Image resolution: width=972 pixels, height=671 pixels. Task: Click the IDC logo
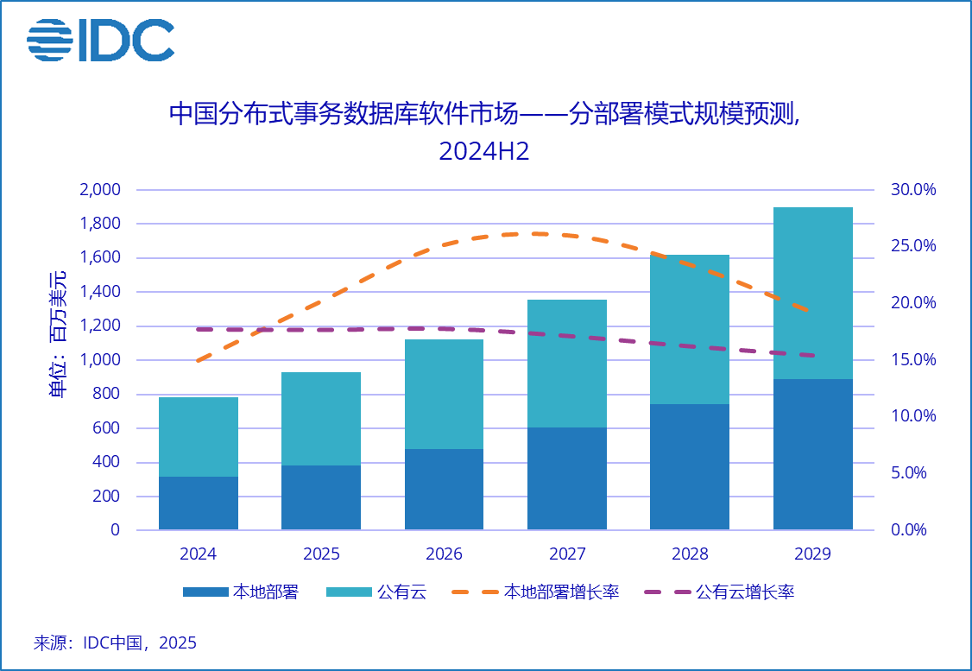(100, 41)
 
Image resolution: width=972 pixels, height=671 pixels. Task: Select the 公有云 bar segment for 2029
(812, 294)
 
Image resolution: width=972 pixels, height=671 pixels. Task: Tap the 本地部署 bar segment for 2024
(199, 503)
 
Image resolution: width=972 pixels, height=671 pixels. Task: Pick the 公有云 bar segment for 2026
(444, 394)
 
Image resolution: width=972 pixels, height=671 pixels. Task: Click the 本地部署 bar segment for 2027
(566, 478)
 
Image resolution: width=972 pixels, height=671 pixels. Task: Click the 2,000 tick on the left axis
(99, 190)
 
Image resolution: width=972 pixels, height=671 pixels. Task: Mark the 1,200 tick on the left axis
(99, 326)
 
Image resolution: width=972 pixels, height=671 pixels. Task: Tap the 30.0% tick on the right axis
(913, 190)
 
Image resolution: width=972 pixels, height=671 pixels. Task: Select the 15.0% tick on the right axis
(913, 360)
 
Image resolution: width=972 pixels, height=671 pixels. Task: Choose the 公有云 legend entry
(376, 592)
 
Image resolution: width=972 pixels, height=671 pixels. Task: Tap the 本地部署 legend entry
(241, 592)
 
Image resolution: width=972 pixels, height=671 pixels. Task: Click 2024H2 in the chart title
(484, 151)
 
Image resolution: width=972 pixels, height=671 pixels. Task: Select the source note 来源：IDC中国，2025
(115, 643)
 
